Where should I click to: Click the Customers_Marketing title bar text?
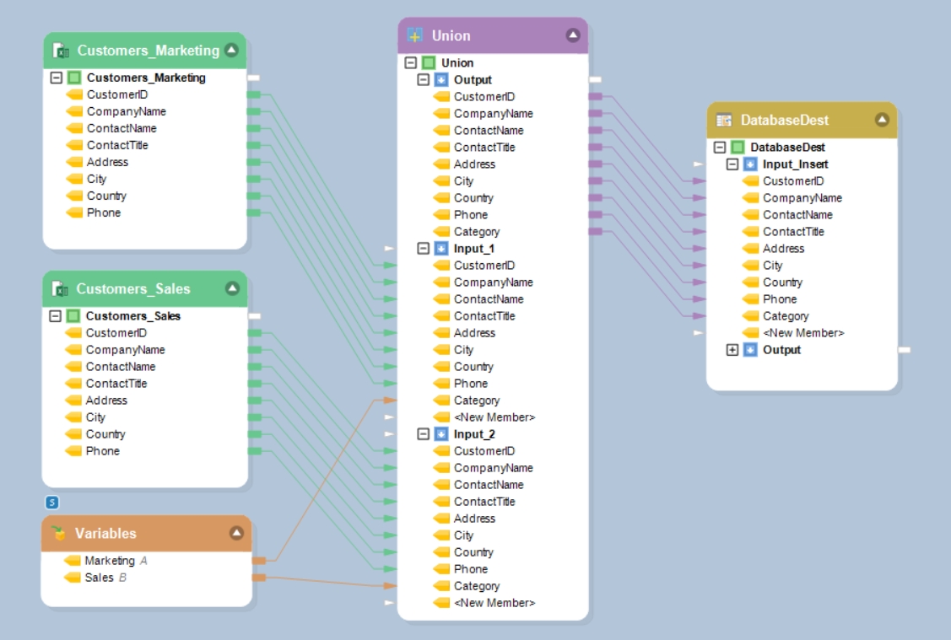[148, 51]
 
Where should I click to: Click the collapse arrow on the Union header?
[573, 35]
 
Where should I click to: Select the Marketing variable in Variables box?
[109, 561]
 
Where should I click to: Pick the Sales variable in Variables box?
[99, 578]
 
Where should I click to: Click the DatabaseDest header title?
[784, 120]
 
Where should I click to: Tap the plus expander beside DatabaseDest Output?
[732, 350]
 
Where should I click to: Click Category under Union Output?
[476, 232]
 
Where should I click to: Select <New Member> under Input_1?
[494, 417]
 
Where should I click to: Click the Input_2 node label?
[474, 434]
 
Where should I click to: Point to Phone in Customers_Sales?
[103, 451]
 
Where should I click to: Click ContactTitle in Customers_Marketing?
[117, 145]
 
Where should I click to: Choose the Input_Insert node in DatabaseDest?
[795, 164]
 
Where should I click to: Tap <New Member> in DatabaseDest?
[803, 333]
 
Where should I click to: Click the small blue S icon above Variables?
[52, 503]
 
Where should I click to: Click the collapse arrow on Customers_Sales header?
[232, 288]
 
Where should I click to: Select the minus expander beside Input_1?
[424, 249]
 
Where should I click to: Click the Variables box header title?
[105, 534]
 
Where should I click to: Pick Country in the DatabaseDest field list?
[782, 282]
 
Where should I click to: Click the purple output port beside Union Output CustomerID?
[595, 97]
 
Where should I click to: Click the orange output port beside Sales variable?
[259, 578]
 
